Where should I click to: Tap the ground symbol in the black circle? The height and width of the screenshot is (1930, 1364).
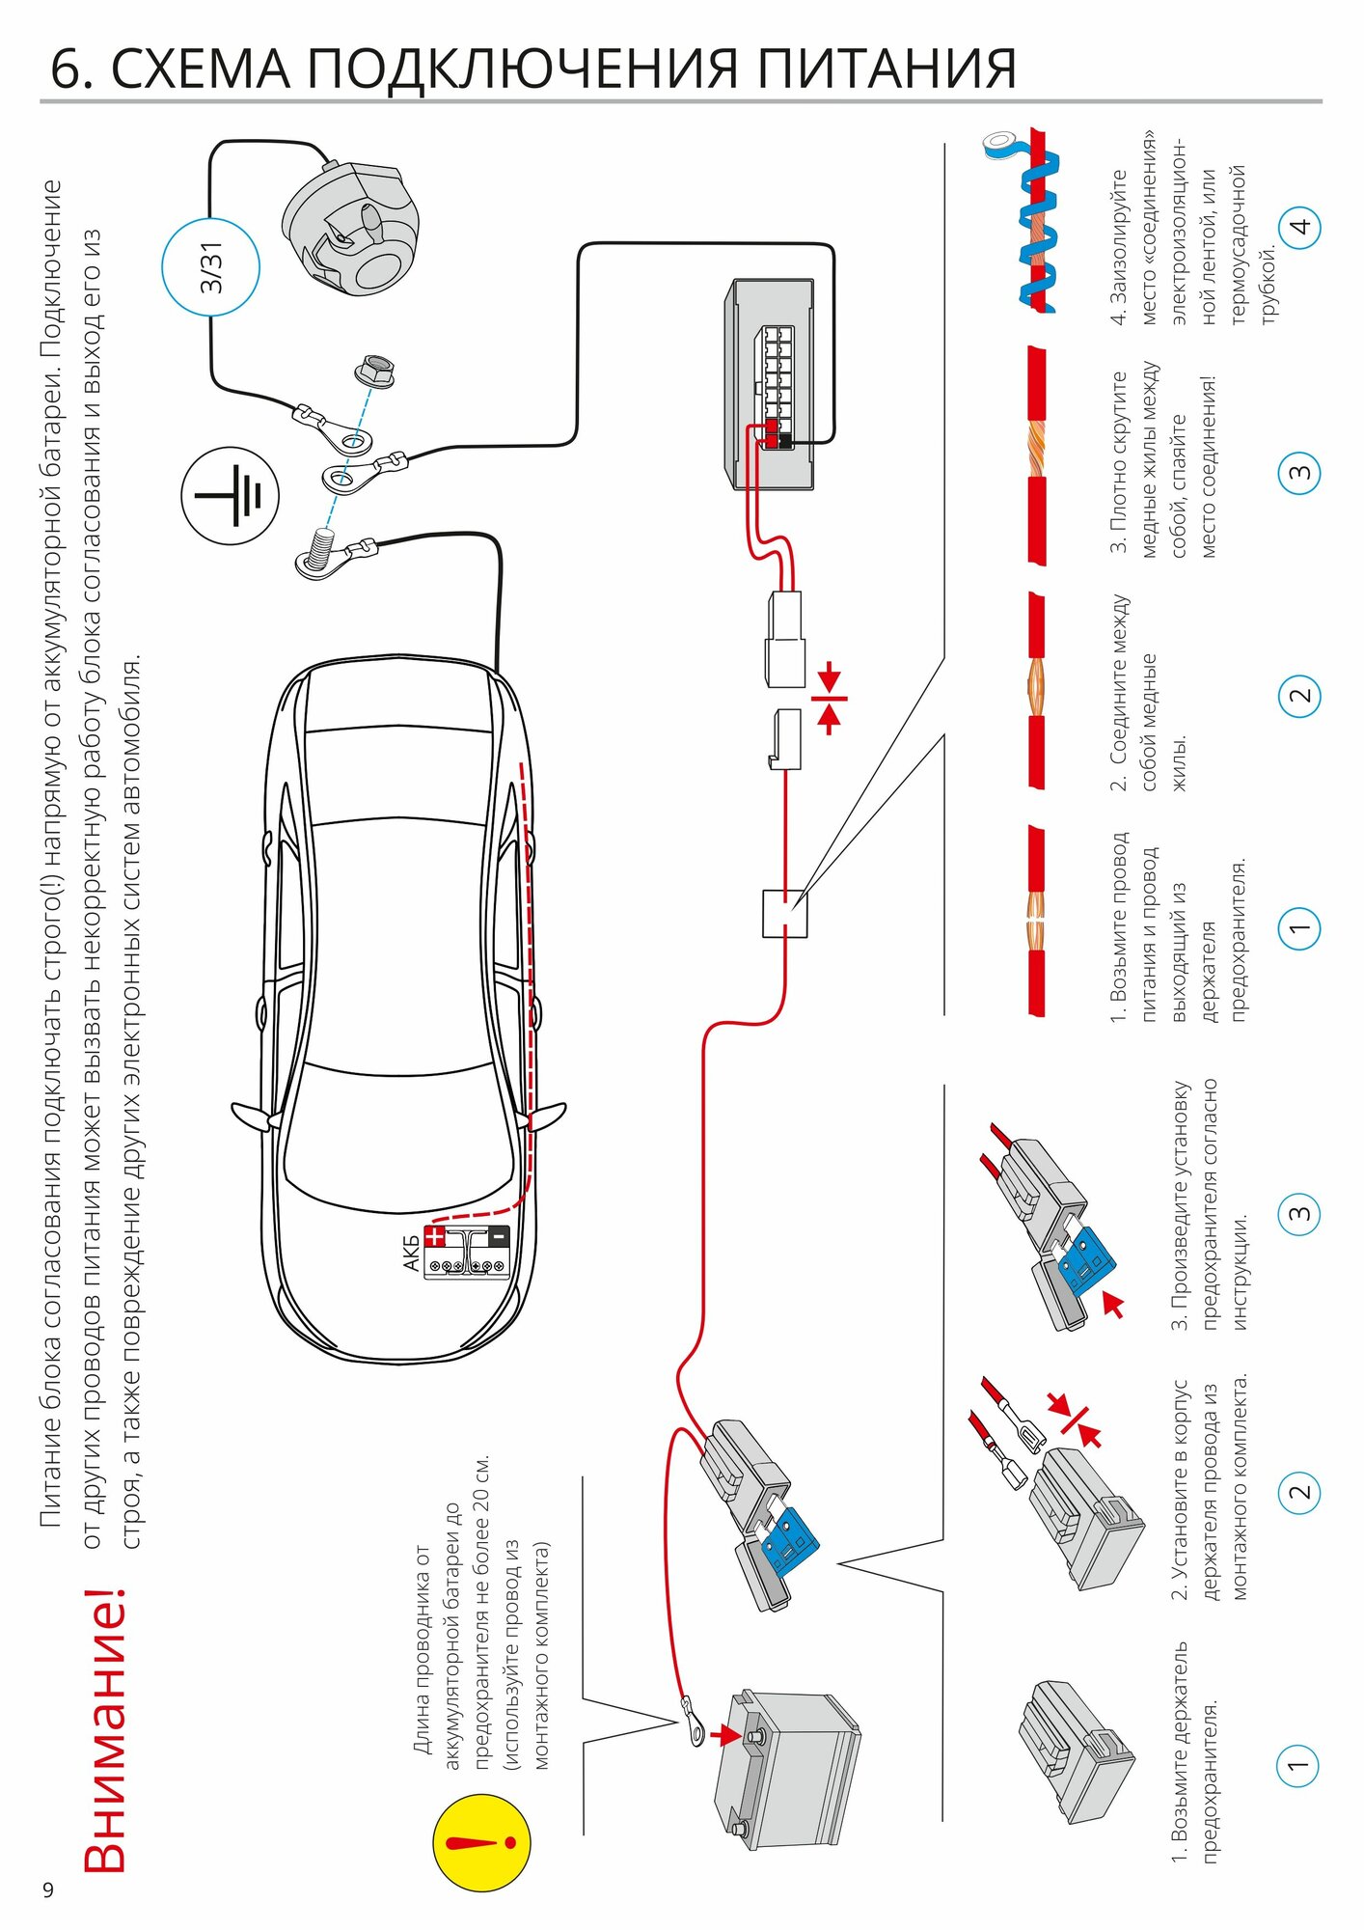(230, 496)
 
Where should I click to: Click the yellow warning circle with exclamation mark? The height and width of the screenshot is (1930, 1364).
(481, 1842)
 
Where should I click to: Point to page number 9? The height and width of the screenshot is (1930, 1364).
(48, 1889)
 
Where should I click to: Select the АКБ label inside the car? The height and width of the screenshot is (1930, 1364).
(411, 1252)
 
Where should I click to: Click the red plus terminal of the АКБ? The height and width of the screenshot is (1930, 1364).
(436, 1235)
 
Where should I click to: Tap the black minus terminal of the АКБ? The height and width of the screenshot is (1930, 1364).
(499, 1235)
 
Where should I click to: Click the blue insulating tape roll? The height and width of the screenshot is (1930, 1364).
(1000, 145)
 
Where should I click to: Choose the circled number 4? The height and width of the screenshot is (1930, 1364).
(1299, 228)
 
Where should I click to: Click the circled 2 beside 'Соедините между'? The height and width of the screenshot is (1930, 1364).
(1299, 696)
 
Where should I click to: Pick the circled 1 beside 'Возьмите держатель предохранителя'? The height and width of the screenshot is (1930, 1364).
(1298, 1766)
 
